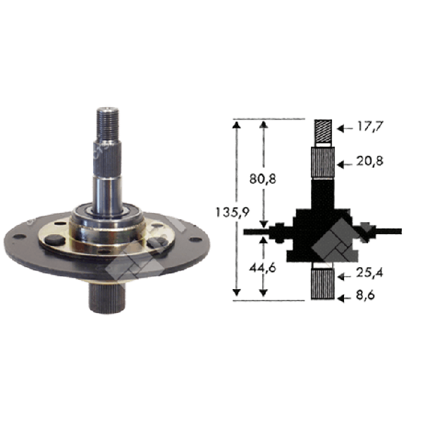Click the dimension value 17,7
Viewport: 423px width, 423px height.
click(369, 128)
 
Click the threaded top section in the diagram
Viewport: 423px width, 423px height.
click(324, 131)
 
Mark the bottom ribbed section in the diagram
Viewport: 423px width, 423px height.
click(324, 285)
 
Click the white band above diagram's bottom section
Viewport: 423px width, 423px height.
click(324, 265)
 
